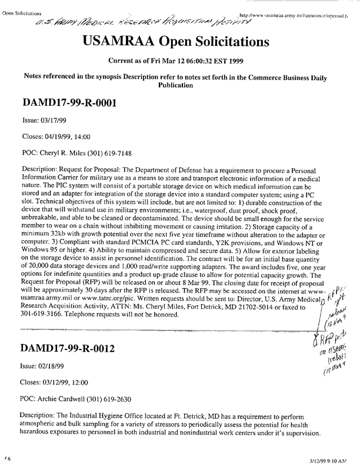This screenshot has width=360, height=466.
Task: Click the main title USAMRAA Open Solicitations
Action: [x=180, y=42]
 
